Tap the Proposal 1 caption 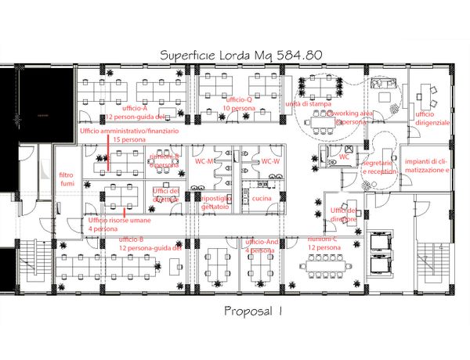coord(251,311)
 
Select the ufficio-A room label coord(136,107)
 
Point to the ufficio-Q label coord(238,101)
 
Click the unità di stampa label coord(309,103)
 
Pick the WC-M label coord(205,161)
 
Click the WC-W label coord(270,161)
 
